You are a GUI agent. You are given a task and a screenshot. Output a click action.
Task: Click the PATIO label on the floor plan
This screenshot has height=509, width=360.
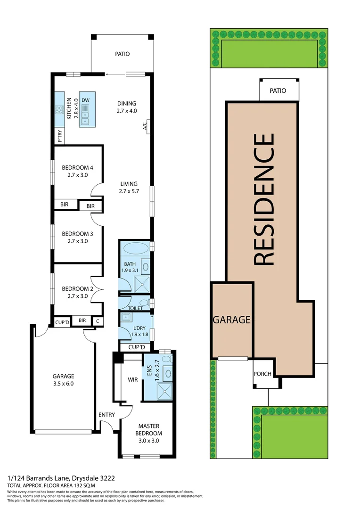tap(122, 54)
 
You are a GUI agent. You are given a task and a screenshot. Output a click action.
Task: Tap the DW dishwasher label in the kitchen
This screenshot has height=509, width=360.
tap(85, 100)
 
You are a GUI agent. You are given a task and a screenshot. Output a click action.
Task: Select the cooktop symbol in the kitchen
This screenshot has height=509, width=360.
tap(59, 110)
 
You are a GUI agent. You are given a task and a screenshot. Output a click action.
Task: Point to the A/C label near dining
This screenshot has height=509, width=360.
tap(145, 126)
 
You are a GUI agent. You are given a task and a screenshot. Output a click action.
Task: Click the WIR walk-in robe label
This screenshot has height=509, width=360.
tap(132, 379)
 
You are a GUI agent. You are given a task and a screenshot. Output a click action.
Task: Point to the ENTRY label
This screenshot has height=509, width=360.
tap(106, 415)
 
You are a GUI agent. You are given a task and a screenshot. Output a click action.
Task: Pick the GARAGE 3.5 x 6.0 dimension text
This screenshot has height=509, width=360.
tap(63, 384)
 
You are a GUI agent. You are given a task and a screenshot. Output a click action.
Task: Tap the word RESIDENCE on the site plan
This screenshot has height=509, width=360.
tap(264, 199)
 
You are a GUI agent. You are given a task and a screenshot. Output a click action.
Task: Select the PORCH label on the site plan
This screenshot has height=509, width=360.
tap(262, 374)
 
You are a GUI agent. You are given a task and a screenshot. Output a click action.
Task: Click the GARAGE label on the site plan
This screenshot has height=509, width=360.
tap(231, 320)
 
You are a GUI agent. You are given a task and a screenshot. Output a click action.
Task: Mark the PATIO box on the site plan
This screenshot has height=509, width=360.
tap(278, 90)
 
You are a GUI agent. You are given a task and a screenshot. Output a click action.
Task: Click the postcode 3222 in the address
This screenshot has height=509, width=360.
tap(107, 478)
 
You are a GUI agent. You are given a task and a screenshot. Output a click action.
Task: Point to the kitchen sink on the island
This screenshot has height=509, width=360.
tap(85, 116)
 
